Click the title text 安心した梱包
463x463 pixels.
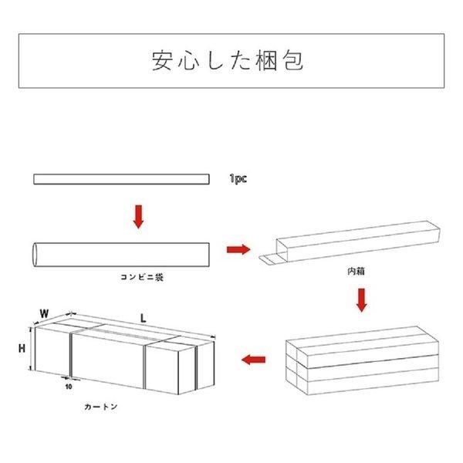[231, 61]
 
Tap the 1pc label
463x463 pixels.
[238, 179]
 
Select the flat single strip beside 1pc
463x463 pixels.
[121, 180]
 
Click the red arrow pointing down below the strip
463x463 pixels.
[138, 217]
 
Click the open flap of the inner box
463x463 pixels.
[271, 260]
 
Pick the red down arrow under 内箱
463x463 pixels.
[360, 299]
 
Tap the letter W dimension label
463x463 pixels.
[44, 314]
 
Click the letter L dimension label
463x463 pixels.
[143, 316]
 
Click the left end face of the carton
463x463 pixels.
[52, 353]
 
